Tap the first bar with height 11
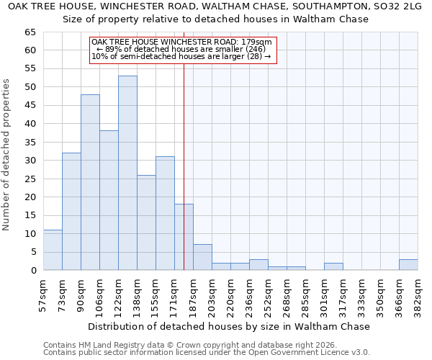(x=53, y=250)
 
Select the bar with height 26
(x=146, y=222)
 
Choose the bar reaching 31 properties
(x=165, y=213)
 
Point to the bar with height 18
(x=184, y=237)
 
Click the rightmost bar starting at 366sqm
(x=408, y=264)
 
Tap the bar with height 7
(x=202, y=257)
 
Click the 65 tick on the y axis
(x=31, y=32)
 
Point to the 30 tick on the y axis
(x=31, y=161)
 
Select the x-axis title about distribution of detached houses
(x=230, y=326)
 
